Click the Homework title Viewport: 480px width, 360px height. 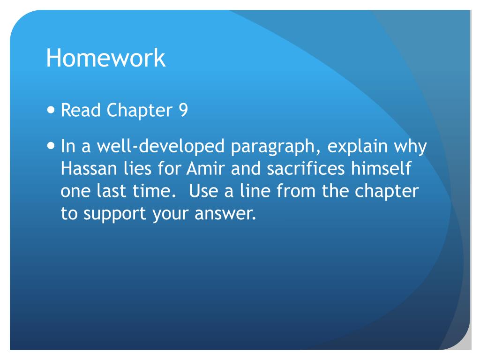coord(105,58)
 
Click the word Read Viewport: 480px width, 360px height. coord(81,111)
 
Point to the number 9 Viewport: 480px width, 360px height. coord(183,111)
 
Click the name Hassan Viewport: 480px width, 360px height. coord(86,169)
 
